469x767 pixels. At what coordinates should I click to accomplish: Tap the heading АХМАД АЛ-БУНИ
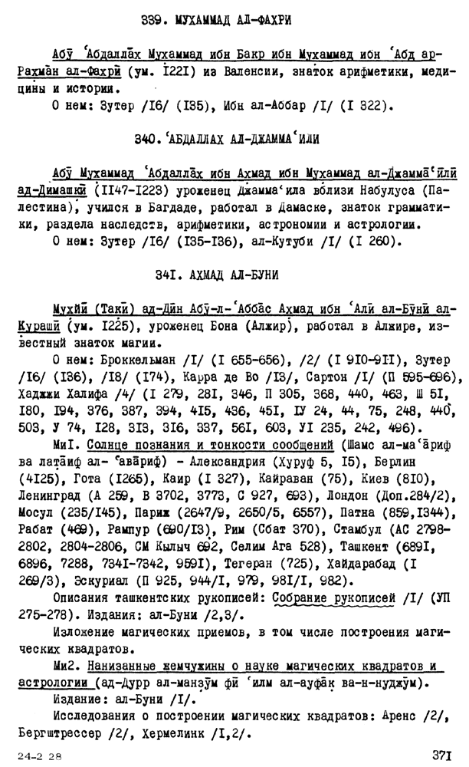(x=244, y=274)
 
